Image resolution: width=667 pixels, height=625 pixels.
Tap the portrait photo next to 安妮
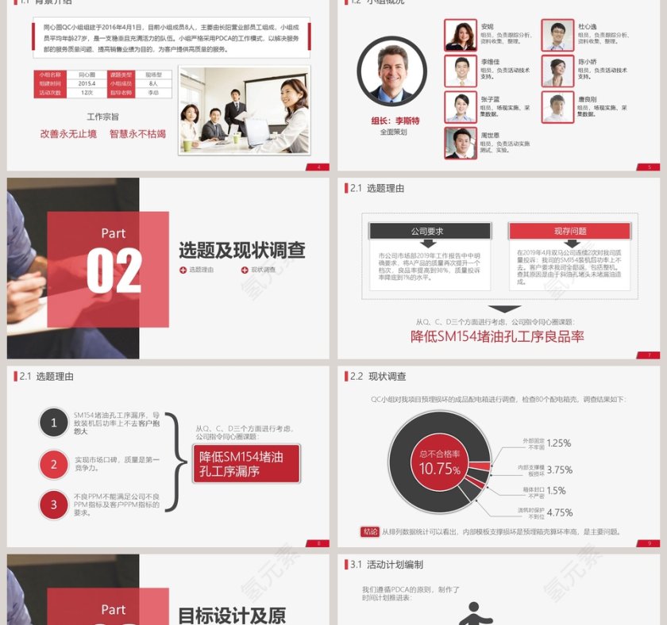tap(461, 36)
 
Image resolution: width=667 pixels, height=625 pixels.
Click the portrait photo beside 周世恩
tap(461, 144)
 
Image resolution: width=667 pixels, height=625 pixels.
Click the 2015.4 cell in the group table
tap(87, 83)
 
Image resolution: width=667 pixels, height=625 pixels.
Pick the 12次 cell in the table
tap(87, 93)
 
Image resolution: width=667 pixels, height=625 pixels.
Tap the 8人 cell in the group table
tap(153, 83)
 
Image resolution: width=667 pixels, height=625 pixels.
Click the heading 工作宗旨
tap(102, 117)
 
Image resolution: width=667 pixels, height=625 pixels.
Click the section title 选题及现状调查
tap(241, 251)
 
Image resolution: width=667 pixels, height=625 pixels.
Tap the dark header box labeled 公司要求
tap(427, 231)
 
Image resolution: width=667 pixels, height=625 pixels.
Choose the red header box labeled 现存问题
tap(569, 231)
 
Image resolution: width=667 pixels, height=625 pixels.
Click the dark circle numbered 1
tap(54, 423)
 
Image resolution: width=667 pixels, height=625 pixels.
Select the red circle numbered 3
tap(54, 504)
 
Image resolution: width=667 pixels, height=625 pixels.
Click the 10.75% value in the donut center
tap(440, 469)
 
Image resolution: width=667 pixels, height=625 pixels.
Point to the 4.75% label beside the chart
tap(560, 512)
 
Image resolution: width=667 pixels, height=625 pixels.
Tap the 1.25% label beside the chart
tap(559, 443)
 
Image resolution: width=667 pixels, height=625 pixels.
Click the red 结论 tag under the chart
tap(370, 531)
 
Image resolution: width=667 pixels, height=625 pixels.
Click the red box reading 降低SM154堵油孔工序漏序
tap(247, 464)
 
